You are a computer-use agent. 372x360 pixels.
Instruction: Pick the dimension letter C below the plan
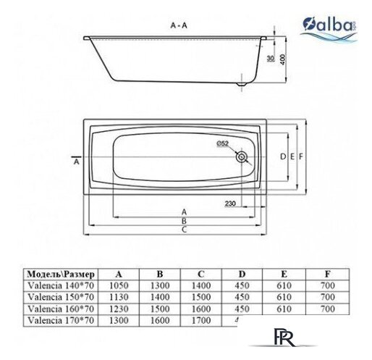[185, 230]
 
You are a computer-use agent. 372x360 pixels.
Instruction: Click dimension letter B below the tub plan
[185, 221]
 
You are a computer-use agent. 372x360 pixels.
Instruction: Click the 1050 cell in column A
[119, 286]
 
